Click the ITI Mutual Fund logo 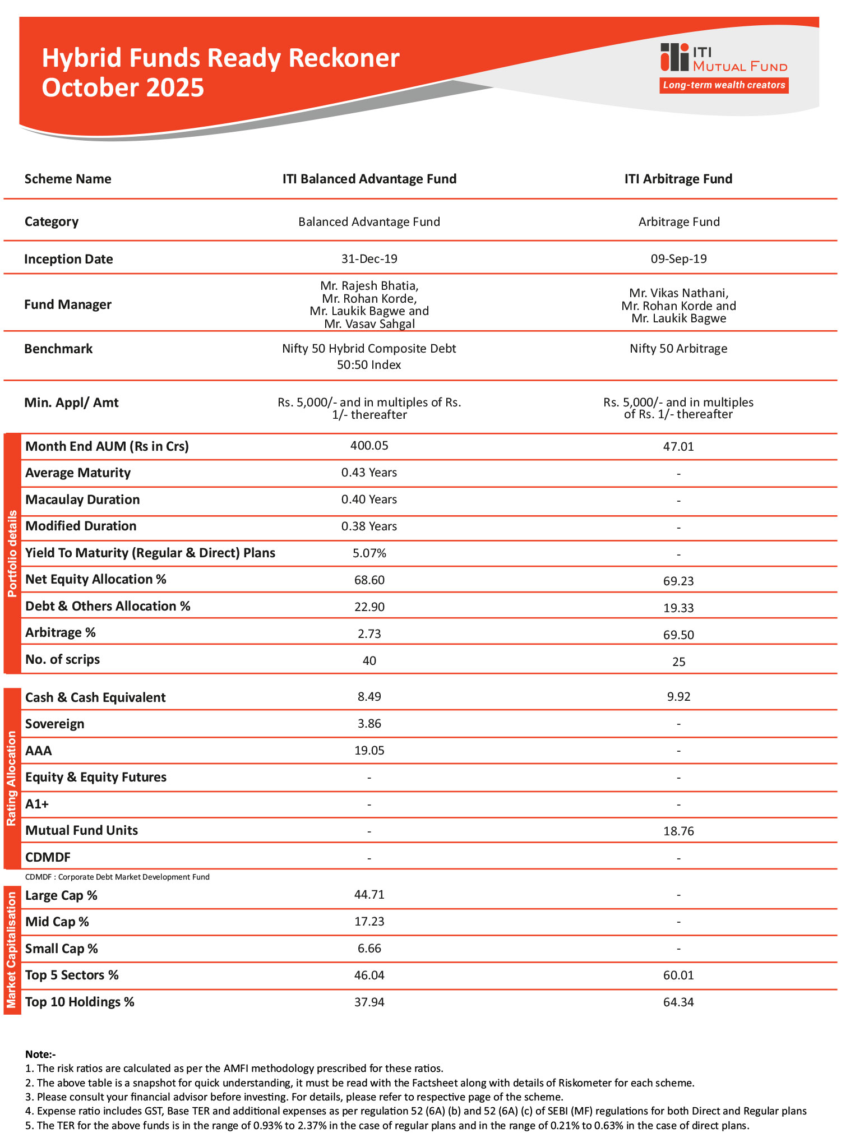click(x=723, y=58)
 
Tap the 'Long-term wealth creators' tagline click(x=724, y=85)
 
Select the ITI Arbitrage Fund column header click(x=678, y=179)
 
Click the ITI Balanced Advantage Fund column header click(x=369, y=179)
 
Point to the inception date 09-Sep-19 click(x=678, y=259)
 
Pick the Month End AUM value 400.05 click(x=369, y=446)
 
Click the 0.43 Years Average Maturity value click(x=369, y=473)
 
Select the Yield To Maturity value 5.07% click(x=369, y=553)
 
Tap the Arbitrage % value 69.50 click(x=678, y=635)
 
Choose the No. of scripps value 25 click(x=678, y=662)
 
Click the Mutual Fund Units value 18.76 click(x=678, y=831)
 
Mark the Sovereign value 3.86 click(x=369, y=724)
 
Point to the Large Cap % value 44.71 click(x=369, y=894)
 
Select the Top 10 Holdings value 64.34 click(x=678, y=1002)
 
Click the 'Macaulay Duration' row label click(x=82, y=500)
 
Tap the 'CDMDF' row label click(x=48, y=857)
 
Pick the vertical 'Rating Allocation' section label click(x=12, y=778)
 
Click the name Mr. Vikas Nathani click(x=678, y=293)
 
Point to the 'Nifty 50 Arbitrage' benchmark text click(x=678, y=349)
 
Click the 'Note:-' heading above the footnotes click(x=40, y=1054)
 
